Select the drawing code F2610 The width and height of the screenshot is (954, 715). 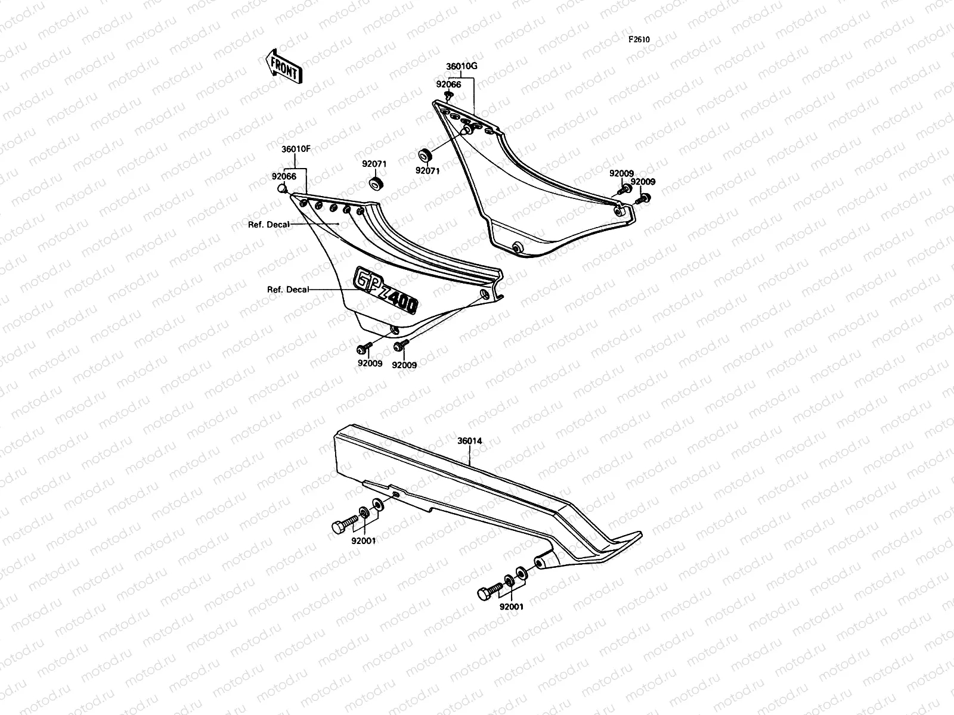coord(638,40)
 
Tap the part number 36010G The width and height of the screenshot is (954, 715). coord(461,66)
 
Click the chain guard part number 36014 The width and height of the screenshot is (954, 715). coord(470,441)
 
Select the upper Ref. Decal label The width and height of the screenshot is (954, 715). coord(269,225)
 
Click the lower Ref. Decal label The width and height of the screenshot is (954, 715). coord(288,290)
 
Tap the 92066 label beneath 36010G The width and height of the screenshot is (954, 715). coord(448,85)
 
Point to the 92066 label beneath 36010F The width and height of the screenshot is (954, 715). coord(284,176)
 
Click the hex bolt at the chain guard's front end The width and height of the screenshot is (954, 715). coord(342,526)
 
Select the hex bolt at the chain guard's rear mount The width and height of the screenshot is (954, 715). coord(488,593)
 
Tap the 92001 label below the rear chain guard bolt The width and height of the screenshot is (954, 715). coord(512,607)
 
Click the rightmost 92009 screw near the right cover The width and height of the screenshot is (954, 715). coord(645,198)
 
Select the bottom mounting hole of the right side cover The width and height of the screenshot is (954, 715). coord(515,246)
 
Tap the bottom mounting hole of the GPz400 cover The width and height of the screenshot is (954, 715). coord(394,329)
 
